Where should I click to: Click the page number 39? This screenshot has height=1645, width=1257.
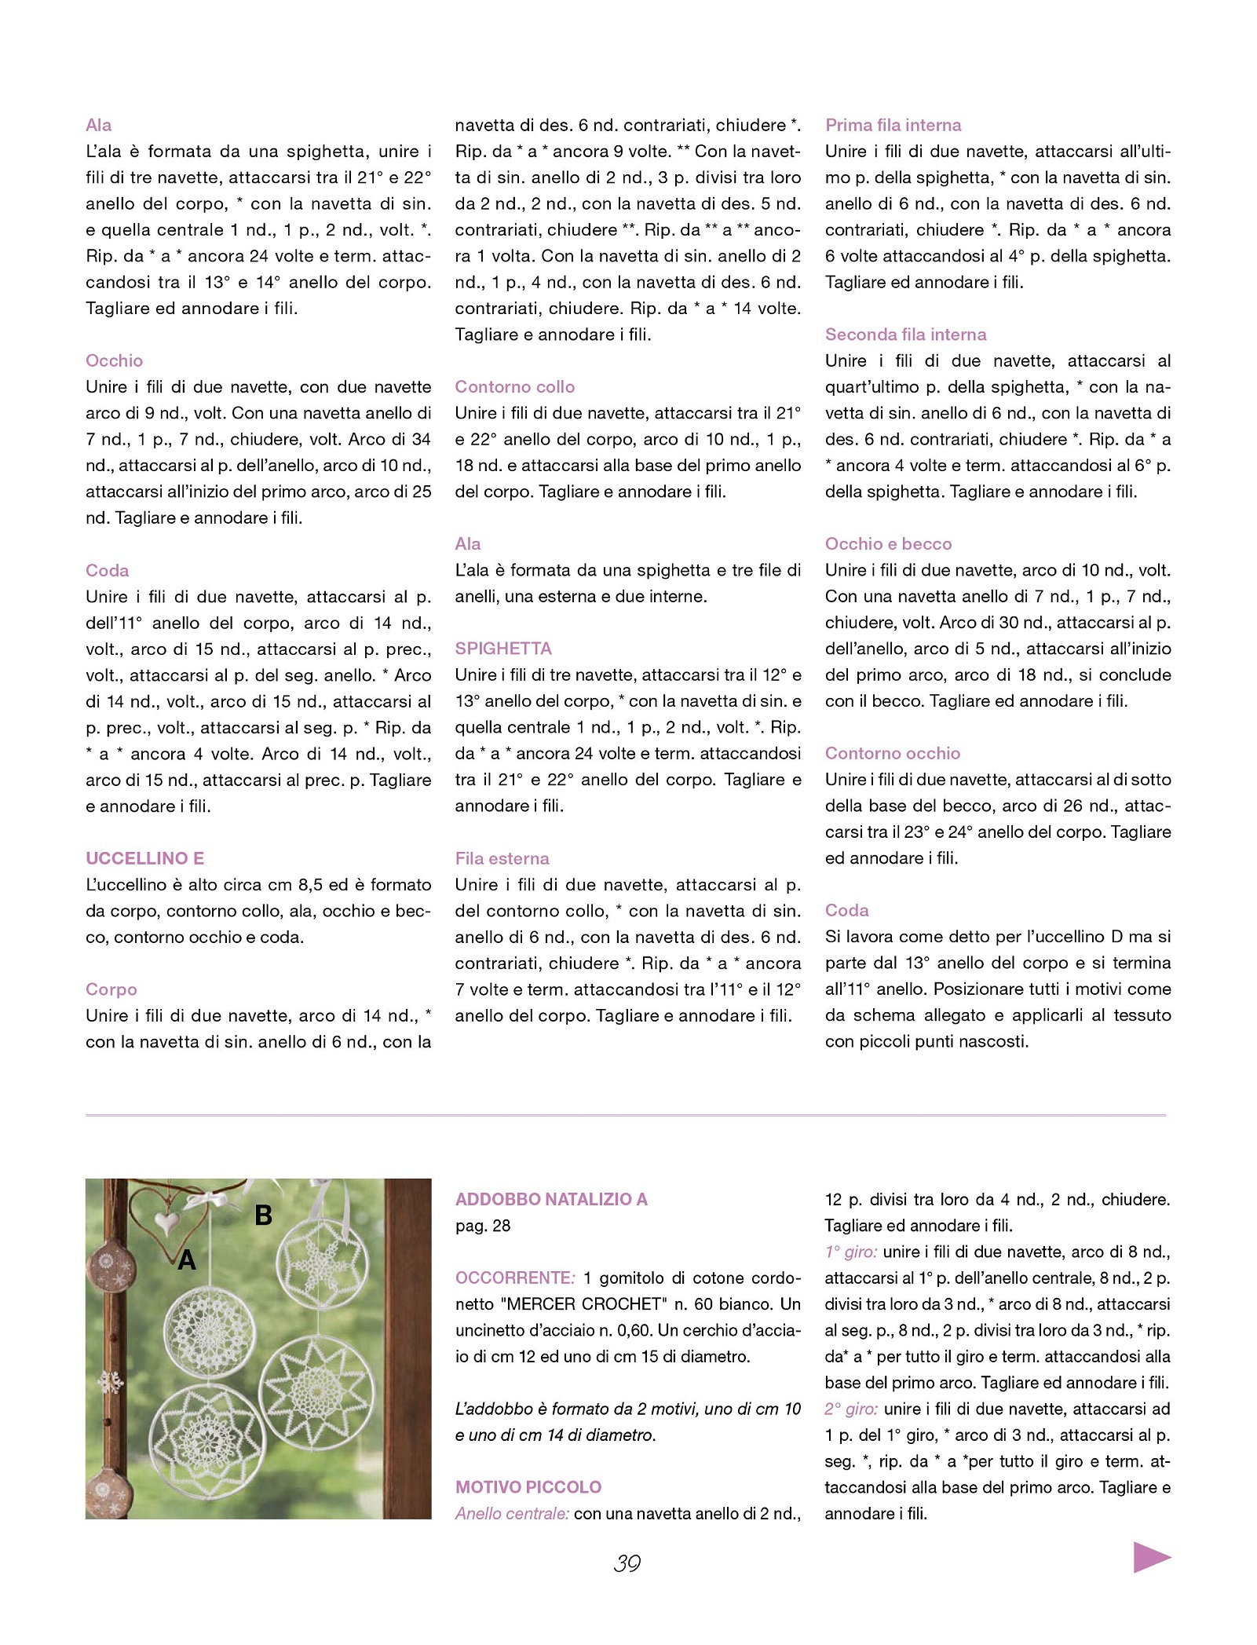click(627, 1563)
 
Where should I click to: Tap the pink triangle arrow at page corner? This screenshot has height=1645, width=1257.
click(1151, 1556)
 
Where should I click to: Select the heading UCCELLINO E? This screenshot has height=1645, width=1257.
click(144, 858)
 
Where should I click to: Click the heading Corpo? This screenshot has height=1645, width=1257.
click(111, 989)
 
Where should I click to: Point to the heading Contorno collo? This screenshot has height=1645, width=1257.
click(515, 386)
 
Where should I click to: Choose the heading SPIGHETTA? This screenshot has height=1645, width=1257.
click(503, 649)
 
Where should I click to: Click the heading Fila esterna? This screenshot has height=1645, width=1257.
click(502, 858)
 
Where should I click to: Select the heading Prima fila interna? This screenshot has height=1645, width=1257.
click(893, 125)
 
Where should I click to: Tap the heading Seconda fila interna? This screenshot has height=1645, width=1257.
click(905, 334)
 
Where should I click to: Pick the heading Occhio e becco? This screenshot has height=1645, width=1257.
click(888, 544)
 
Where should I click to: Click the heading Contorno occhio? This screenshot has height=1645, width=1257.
click(893, 753)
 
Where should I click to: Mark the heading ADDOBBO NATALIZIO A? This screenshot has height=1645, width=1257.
click(551, 1199)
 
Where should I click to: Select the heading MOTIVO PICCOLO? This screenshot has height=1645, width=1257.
click(528, 1486)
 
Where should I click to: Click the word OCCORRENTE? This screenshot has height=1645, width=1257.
click(514, 1278)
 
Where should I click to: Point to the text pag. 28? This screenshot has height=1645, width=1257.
click(483, 1226)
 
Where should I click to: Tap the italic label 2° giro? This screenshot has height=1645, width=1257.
click(851, 1409)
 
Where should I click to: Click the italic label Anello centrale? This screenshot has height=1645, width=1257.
click(512, 1513)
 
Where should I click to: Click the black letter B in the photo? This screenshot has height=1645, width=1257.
click(264, 1215)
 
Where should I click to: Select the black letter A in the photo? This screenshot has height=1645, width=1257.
click(187, 1260)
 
